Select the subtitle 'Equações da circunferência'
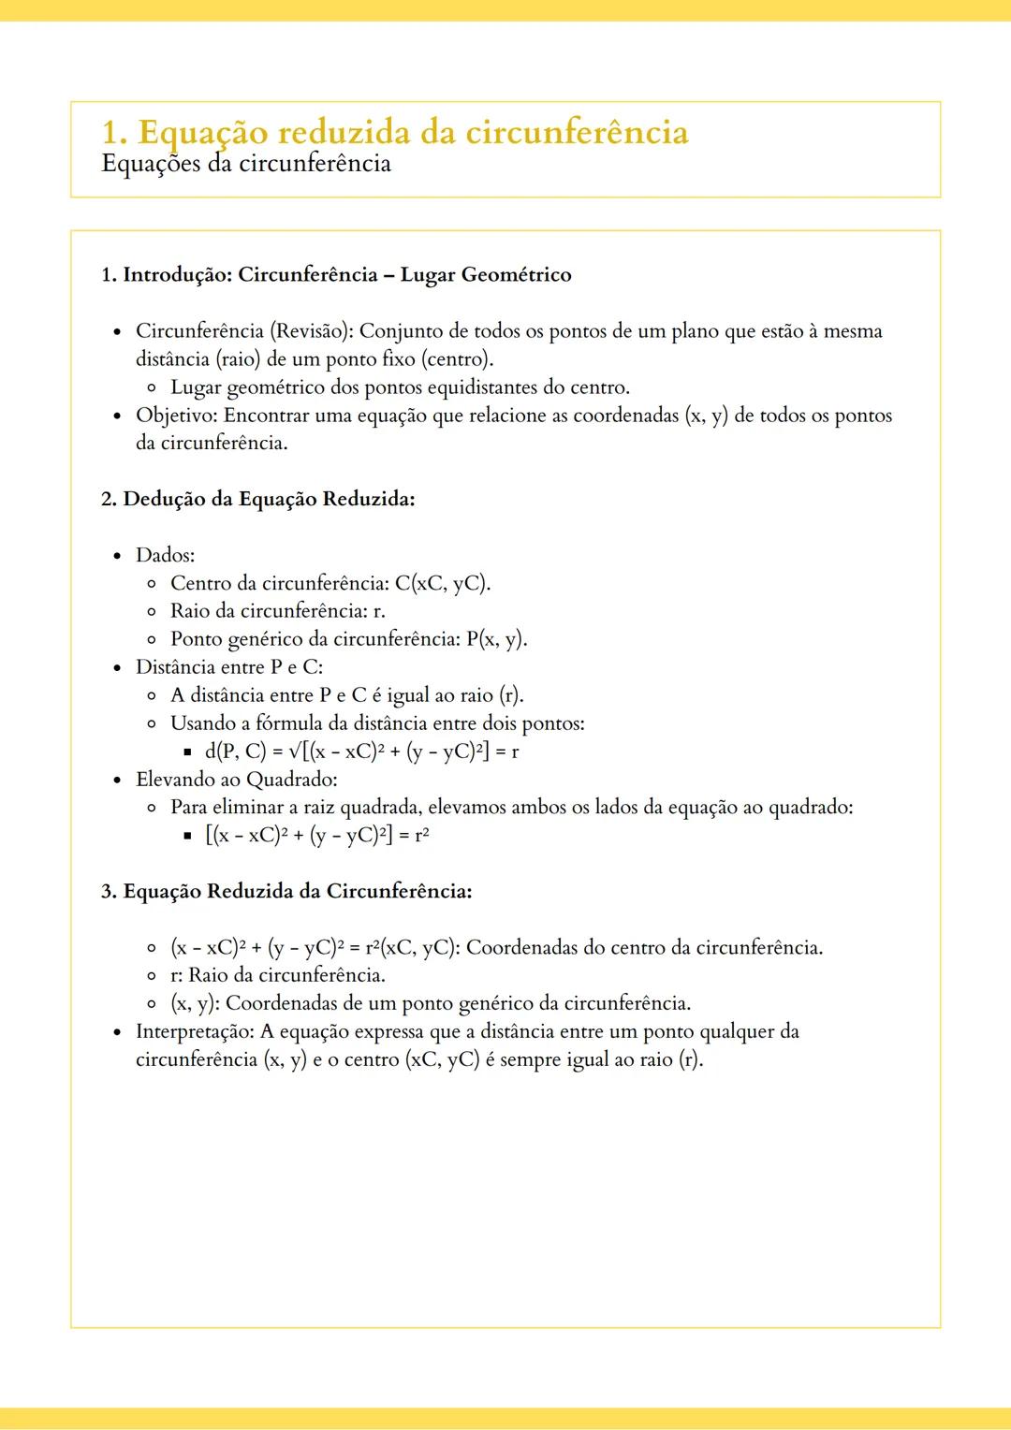tap(245, 164)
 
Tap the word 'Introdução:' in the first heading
tap(178, 275)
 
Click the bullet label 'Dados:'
tap(165, 555)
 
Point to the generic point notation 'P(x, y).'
tap(497, 639)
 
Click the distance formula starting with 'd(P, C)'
tap(361, 751)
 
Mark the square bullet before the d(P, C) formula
tap(187, 751)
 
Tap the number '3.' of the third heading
tap(110, 891)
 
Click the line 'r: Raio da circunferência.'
tap(278, 975)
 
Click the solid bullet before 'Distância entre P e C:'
tap(117, 668)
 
